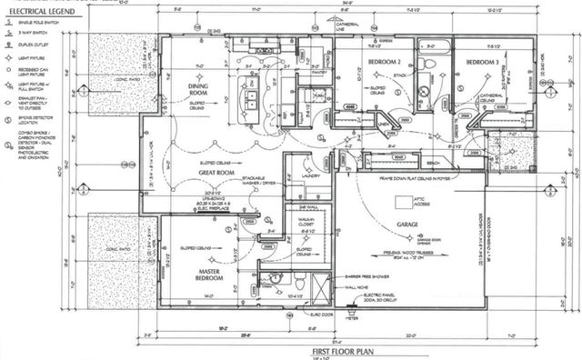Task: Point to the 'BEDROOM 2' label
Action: (x=385, y=61)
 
